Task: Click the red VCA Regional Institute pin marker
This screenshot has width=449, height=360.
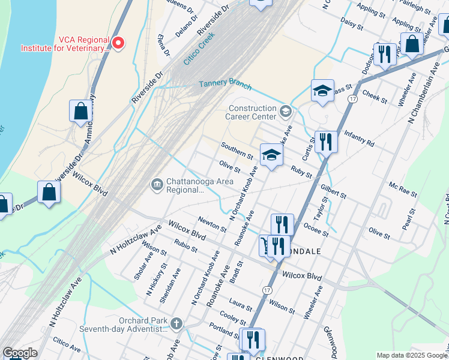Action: [x=118, y=42]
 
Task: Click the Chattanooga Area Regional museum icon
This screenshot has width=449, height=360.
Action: [x=157, y=183]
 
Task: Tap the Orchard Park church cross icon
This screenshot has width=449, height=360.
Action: [x=176, y=324]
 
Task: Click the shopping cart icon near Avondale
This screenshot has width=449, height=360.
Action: [x=264, y=245]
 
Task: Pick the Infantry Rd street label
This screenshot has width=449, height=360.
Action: [x=358, y=140]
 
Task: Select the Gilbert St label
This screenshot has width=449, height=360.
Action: [x=333, y=191]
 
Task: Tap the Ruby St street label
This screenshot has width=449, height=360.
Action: [x=301, y=172]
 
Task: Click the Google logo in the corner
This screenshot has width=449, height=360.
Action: [x=20, y=353]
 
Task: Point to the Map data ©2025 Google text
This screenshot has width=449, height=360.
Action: [x=411, y=355]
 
